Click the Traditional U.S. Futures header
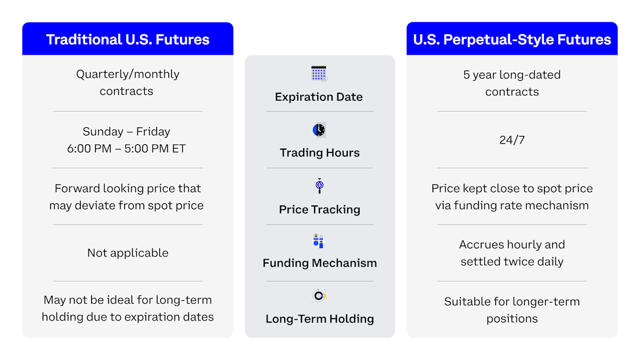pos(128,40)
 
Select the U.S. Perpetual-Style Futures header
pos(512,40)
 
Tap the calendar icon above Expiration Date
pos(319,74)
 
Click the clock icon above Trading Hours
pos(319,130)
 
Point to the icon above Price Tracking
pos(319,186)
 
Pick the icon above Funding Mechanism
pos(318,241)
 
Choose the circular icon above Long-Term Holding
pos(319,295)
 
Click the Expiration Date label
pos(319,97)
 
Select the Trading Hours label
pos(319,153)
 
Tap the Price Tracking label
pos(319,209)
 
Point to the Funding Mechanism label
pos(319,263)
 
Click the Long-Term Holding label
pos(319,319)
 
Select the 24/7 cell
pos(512,140)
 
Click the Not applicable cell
pos(128,253)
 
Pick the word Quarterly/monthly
pos(128,74)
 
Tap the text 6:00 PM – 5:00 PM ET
pos(126,149)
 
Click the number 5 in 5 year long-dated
pos(466,75)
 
